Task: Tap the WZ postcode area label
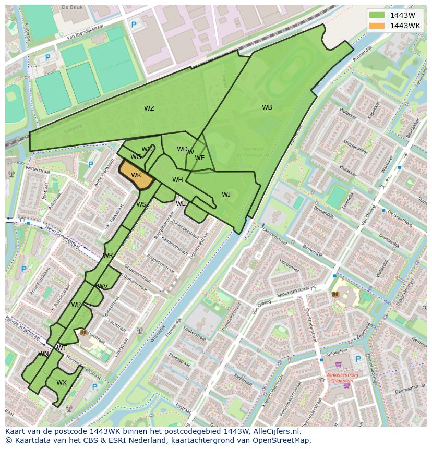coord(149,108)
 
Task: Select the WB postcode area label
coord(267,107)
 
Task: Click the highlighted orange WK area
coord(136,175)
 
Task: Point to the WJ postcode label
coord(226,195)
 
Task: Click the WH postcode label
coord(177,180)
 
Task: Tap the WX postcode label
coord(62,383)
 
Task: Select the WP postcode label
coord(76,305)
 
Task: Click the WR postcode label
coord(108,256)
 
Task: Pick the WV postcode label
coord(103,286)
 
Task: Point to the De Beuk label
coord(72,8)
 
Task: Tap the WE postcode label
coord(200,158)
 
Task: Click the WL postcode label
coord(181,204)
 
